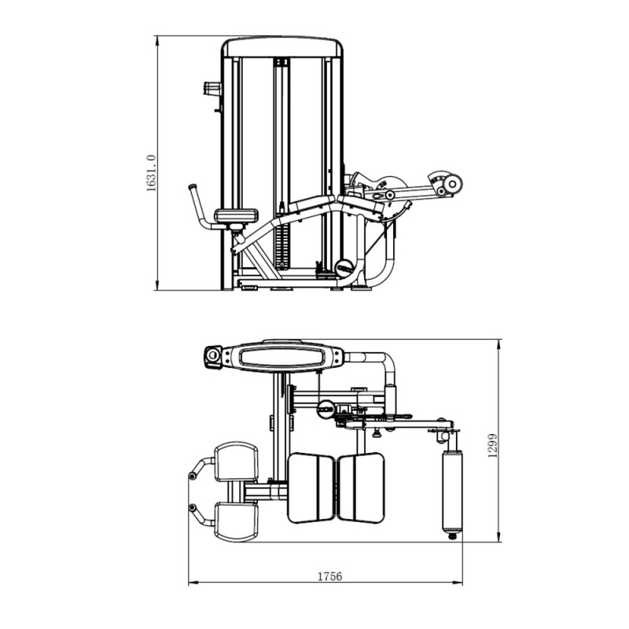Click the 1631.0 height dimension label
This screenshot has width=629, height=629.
click(x=151, y=173)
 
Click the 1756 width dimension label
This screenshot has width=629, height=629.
click(x=329, y=576)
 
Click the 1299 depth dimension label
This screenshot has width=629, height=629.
click(x=492, y=445)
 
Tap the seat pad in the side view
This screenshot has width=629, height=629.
click(x=237, y=215)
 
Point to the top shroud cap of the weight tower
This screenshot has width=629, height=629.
click(x=282, y=47)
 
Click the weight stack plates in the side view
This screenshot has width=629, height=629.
click(x=282, y=244)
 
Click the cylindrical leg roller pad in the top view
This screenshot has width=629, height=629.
click(x=452, y=492)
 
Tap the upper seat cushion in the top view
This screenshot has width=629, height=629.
click(x=237, y=462)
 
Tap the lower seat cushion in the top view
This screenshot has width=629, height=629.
click(x=237, y=521)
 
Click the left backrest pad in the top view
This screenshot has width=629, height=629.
click(x=311, y=488)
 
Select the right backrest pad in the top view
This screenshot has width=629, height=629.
click(x=361, y=488)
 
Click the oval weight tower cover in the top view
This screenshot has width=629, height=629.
click(x=282, y=356)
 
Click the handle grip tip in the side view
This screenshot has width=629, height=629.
click(x=193, y=187)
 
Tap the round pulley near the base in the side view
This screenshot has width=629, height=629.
click(x=344, y=267)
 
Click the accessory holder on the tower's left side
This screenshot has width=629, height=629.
click(x=212, y=89)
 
